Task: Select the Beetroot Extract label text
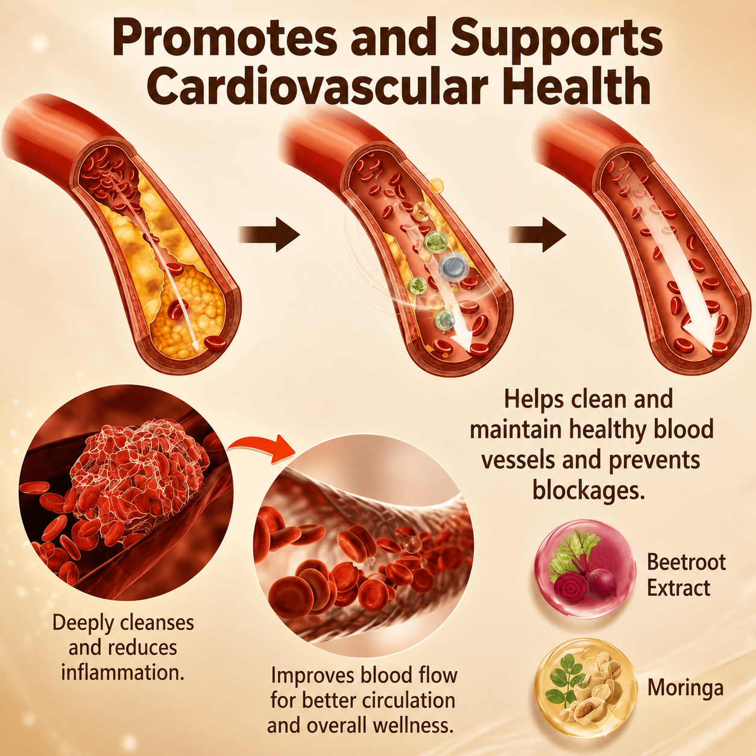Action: (x=686, y=575)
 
